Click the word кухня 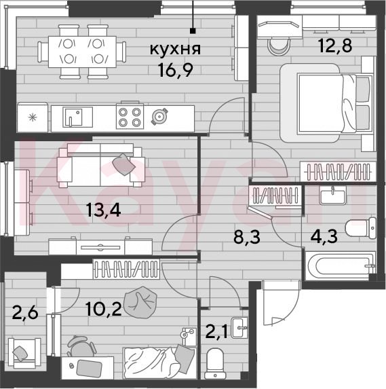(x=175, y=49)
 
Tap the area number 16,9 (x=176, y=70)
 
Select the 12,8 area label (x=335, y=46)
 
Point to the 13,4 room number (x=103, y=210)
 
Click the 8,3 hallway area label (x=247, y=237)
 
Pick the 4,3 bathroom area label (x=324, y=237)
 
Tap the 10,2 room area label (x=103, y=309)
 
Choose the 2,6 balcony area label (x=25, y=312)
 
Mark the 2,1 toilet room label (x=216, y=333)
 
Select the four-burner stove (x=130, y=116)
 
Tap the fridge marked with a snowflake (x=33, y=117)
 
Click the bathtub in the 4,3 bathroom (x=341, y=266)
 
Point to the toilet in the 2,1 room (x=214, y=363)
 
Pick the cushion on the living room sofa (x=123, y=164)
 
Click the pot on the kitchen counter (x=159, y=116)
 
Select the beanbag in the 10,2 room (x=140, y=303)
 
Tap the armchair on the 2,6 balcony (x=24, y=353)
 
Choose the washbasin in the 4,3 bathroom (x=332, y=196)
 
